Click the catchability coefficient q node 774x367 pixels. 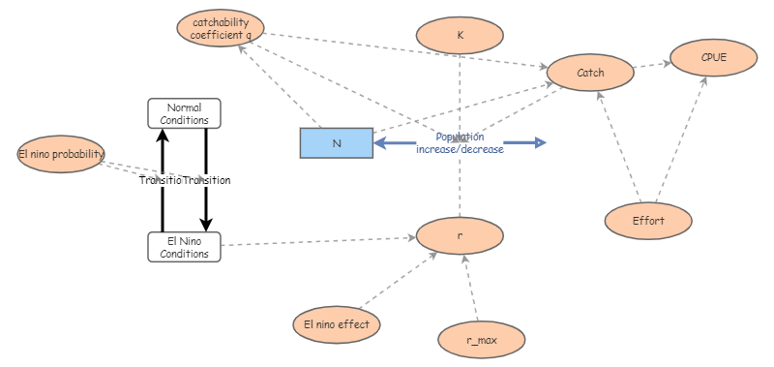tap(221, 28)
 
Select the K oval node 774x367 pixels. tap(460, 35)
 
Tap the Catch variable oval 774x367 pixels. tap(590, 73)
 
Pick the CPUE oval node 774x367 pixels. tap(713, 57)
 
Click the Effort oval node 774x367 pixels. tap(648, 221)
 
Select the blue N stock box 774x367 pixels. tap(336, 143)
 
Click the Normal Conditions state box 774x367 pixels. tap(184, 113)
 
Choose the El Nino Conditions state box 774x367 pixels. tap(184, 247)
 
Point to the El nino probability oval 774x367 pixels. tap(61, 154)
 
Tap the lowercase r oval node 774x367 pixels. tap(460, 235)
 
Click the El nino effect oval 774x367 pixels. tap(336, 324)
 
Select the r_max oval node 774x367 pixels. tap(481, 339)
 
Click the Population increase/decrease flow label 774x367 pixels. tap(460, 143)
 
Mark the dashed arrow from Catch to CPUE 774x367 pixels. tap(652, 67)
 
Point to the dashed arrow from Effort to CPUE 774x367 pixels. tap(683, 140)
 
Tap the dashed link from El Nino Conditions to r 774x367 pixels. tap(319, 241)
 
